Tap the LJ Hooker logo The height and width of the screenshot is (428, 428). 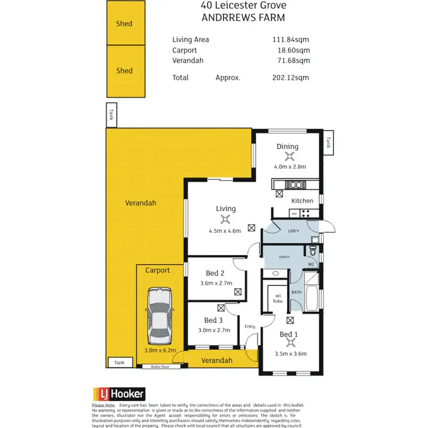(119, 393)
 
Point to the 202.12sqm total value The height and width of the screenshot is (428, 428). (291, 77)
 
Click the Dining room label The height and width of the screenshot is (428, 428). (288, 147)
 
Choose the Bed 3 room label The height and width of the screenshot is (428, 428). (213, 320)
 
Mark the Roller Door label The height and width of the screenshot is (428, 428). (161, 366)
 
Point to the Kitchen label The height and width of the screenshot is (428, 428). (302, 200)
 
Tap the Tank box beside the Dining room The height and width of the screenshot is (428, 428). (328, 143)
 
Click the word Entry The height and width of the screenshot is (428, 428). (251, 326)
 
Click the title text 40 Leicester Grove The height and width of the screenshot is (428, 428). (243, 5)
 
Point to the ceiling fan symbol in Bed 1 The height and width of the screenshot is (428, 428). (291, 343)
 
